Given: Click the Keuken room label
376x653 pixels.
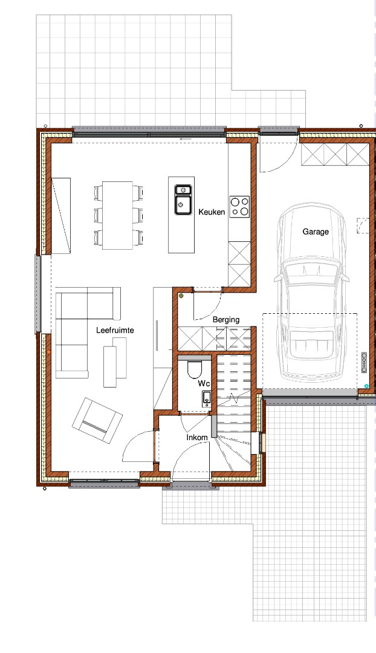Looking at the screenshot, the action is click(212, 212).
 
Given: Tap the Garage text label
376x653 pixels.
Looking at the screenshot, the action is click(316, 232).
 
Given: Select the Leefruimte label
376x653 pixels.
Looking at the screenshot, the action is click(115, 330).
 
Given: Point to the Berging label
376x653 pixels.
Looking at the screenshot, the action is click(226, 320).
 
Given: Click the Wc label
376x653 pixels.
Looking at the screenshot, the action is click(204, 383).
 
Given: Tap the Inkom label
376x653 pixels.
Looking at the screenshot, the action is click(197, 438).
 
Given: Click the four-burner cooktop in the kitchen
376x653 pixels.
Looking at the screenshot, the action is click(239, 207).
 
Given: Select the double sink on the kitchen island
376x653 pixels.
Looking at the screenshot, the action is click(183, 200).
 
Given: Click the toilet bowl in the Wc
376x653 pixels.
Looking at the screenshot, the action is click(195, 369).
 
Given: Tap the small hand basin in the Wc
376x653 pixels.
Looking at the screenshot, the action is click(207, 399).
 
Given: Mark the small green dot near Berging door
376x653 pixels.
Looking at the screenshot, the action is click(181, 296).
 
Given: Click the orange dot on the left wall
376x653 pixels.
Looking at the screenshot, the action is click(49, 352).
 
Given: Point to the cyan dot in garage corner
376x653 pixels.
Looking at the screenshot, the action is click(366, 386).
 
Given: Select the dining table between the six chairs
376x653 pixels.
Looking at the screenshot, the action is click(118, 215).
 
